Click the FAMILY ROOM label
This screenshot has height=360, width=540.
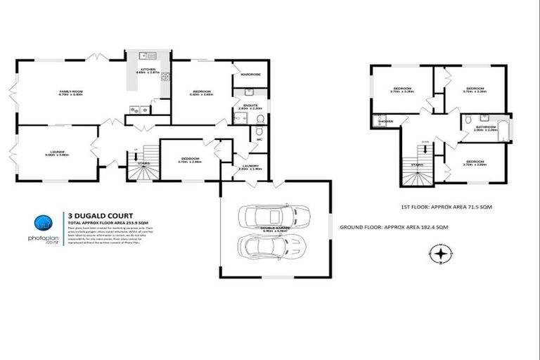(x=70, y=90)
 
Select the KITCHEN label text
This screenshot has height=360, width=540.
(x=148, y=69)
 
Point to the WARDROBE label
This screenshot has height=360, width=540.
(x=250, y=74)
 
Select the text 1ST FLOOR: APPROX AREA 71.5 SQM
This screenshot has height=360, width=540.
(x=437, y=207)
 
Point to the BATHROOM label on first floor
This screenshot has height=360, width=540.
(x=484, y=127)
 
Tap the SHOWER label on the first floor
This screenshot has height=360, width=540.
(x=385, y=122)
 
